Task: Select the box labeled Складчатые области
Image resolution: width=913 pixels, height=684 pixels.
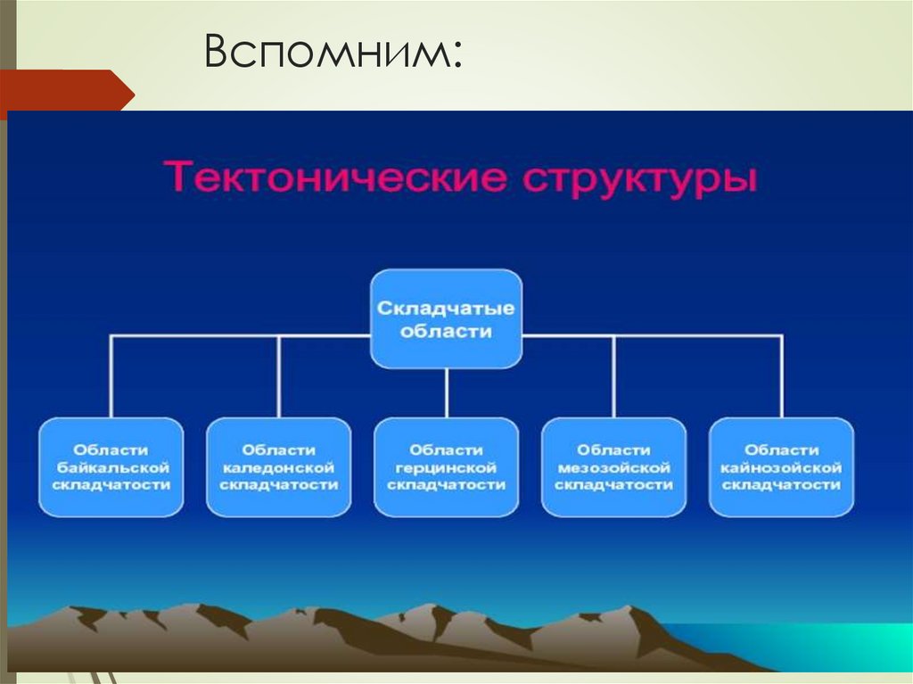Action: coord(446,318)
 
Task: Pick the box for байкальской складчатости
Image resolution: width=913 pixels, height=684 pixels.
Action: coord(111,467)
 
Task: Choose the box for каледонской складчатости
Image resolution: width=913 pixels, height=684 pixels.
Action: coord(278,467)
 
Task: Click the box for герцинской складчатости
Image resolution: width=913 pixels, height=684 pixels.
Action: coord(446,467)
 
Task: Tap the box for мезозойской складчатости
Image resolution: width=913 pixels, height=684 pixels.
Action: coord(613,467)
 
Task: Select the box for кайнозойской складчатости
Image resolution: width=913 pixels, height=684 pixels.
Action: coord(781,467)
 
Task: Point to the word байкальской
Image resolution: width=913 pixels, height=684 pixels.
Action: coord(112,467)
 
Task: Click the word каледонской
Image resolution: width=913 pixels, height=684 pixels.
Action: coord(279,467)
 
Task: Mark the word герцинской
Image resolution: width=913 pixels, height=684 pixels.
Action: coord(446,467)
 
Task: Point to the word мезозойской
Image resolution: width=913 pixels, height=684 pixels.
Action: coord(613,467)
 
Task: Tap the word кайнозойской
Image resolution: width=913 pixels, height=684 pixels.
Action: coord(781,467)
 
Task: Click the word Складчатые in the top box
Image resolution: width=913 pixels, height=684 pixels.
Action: coord(446,309)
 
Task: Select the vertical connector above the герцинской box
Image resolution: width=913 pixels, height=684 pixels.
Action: coord(446,392)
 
